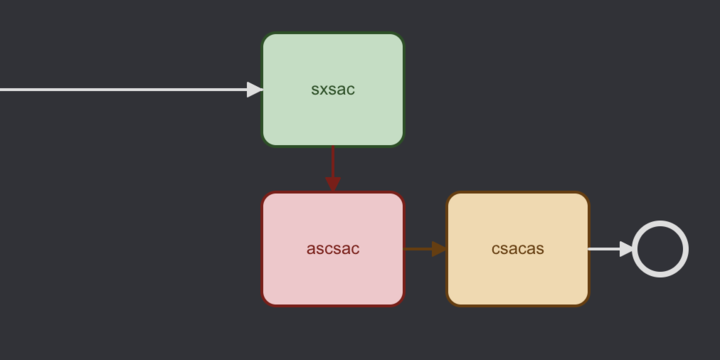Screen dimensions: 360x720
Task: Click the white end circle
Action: (x=660, y=249)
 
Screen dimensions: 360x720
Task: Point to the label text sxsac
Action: (x=333, y=90)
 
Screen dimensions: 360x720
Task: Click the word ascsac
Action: (x=333, y=249)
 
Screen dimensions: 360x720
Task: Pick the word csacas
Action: (x=517, y=249)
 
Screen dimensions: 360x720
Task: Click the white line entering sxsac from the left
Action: (x=120, y=90)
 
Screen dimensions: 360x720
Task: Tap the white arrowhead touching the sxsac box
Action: (x=255, y=90)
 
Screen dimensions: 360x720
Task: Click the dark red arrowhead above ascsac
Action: (x=333, y=184)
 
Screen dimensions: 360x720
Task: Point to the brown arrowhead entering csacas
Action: (x=439, y=249)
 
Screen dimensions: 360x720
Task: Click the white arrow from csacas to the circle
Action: (x=604, y=249)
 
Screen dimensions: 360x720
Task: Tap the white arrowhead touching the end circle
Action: (x=626, y=249)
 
